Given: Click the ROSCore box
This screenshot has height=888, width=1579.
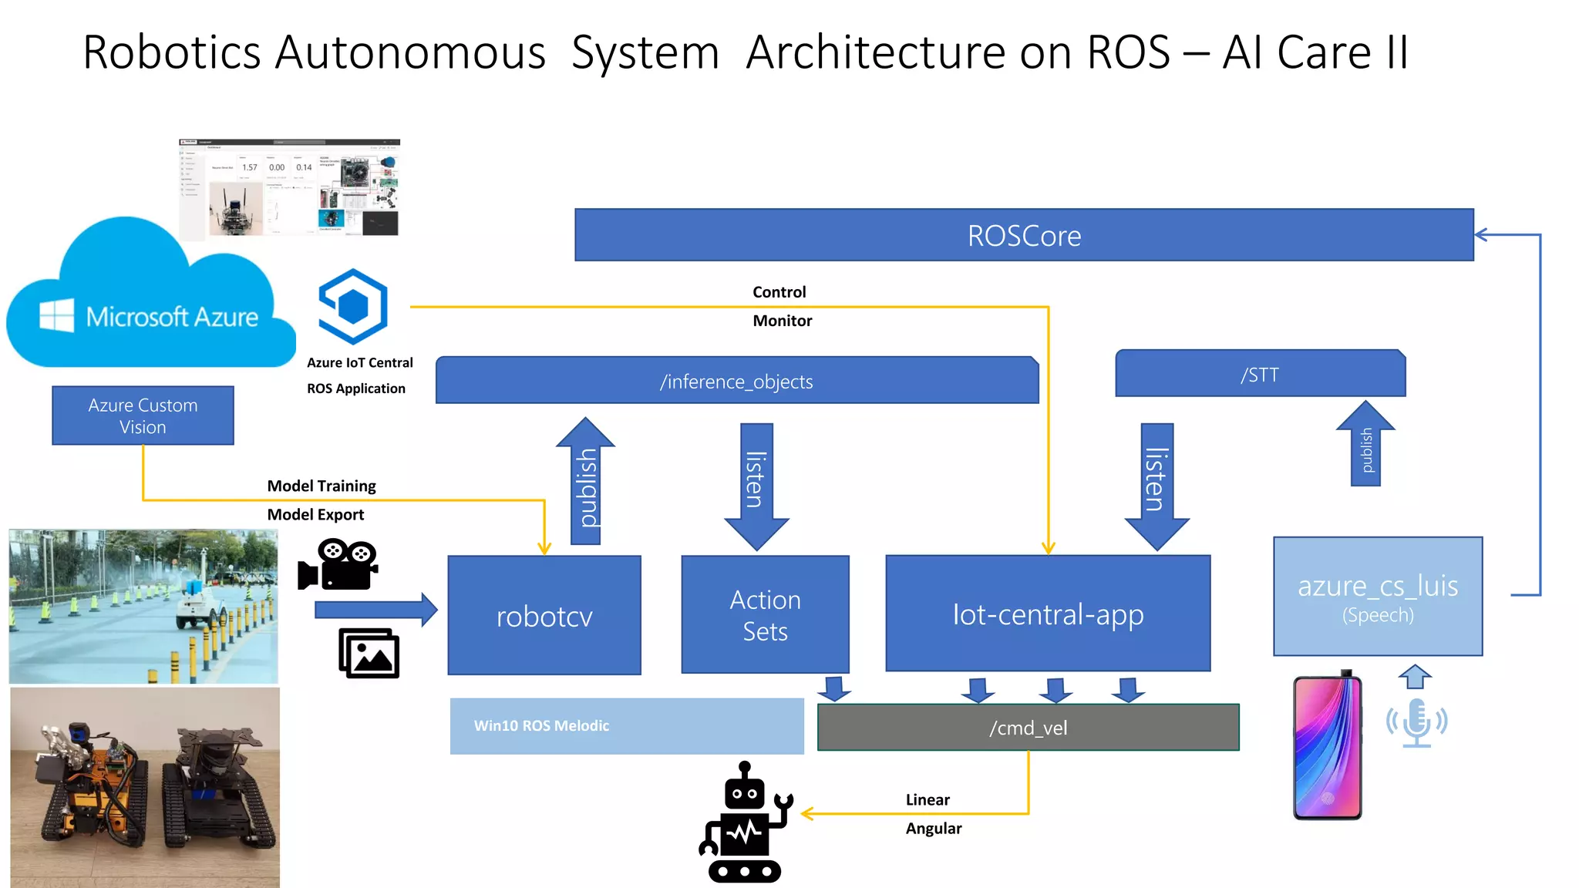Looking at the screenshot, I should coord(1024,235).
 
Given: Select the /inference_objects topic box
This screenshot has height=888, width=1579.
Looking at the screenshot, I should coord(736,381).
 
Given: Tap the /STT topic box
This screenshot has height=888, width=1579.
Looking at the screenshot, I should coord(1260,375).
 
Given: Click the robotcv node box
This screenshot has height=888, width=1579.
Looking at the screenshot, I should coord(544,616).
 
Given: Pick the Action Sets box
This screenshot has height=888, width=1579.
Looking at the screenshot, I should coord(765,615).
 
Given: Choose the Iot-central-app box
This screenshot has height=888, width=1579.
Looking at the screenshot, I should coord(1048,614).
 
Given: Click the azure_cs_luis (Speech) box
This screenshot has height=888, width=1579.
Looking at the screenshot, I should coord(1378,597).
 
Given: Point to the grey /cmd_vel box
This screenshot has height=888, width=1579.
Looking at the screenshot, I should coord(1028,728).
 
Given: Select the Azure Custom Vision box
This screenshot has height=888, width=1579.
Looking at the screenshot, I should coord(143,415).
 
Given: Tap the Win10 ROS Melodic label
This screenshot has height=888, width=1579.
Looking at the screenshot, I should coord(541,725).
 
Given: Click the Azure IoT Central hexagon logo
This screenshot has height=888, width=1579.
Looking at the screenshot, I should coord(353,306).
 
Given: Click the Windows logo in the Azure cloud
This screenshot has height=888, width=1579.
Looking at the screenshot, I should coord(57,315).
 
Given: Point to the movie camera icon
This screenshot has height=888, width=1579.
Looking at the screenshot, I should coord(338,566).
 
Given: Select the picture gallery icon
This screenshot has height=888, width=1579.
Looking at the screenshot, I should coord(369,654).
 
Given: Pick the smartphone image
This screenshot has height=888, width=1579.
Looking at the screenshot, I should coord(1327,746).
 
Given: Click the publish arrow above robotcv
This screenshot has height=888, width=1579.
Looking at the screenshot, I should coord(586,482).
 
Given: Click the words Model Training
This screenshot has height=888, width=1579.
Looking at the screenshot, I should coord(322,486).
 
